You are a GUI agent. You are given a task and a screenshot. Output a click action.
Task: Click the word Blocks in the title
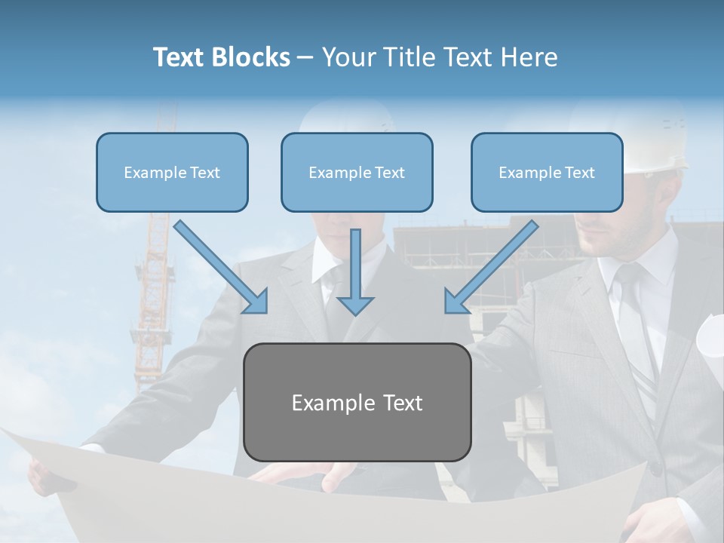pyautogui.click(x=252, y=57)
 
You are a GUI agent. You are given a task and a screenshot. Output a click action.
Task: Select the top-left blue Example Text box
pyautogui.click(x=172, y=172)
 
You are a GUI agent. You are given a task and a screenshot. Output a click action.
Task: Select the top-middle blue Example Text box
pyautogui.click(x=357, y=172)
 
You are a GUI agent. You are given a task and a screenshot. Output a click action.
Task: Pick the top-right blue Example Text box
pyautogui.click(x=547, y=172)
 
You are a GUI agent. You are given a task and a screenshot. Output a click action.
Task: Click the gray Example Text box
pyautogui.click(x=357, y=402)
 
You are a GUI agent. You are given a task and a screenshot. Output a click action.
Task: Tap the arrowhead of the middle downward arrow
pyautogui.click(x=355, y=305)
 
